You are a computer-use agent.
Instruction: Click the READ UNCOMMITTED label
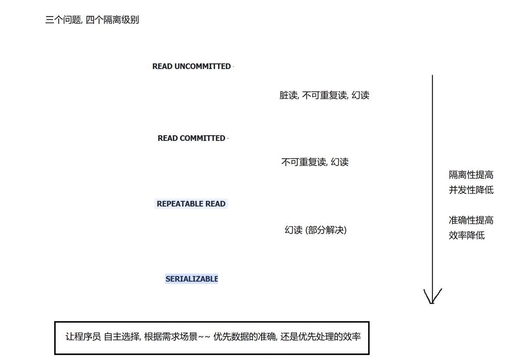(191, 67)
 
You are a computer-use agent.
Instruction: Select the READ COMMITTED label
(191, 138)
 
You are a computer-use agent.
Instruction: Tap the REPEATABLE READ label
(191, 204)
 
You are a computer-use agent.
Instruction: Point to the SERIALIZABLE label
(192, 279)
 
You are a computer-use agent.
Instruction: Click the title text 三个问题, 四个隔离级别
(92, 20)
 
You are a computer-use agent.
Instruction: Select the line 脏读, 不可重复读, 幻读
(324, 95)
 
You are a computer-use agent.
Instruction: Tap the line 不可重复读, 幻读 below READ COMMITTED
(315, 162)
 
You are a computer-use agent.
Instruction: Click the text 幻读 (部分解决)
(315, 230)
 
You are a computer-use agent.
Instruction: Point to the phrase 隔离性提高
(471, 175)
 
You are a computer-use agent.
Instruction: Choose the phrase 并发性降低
(471, 190)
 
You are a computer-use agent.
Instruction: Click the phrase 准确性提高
(471, 220)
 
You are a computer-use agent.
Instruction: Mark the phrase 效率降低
(467, 236)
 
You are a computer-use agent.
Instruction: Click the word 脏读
(288, 95)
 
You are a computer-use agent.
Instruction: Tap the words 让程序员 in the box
(83, 337)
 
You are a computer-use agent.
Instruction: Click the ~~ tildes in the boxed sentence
(204, 337)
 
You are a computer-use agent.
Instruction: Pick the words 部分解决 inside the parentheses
(326, 230)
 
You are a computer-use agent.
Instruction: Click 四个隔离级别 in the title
(112, 20)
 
